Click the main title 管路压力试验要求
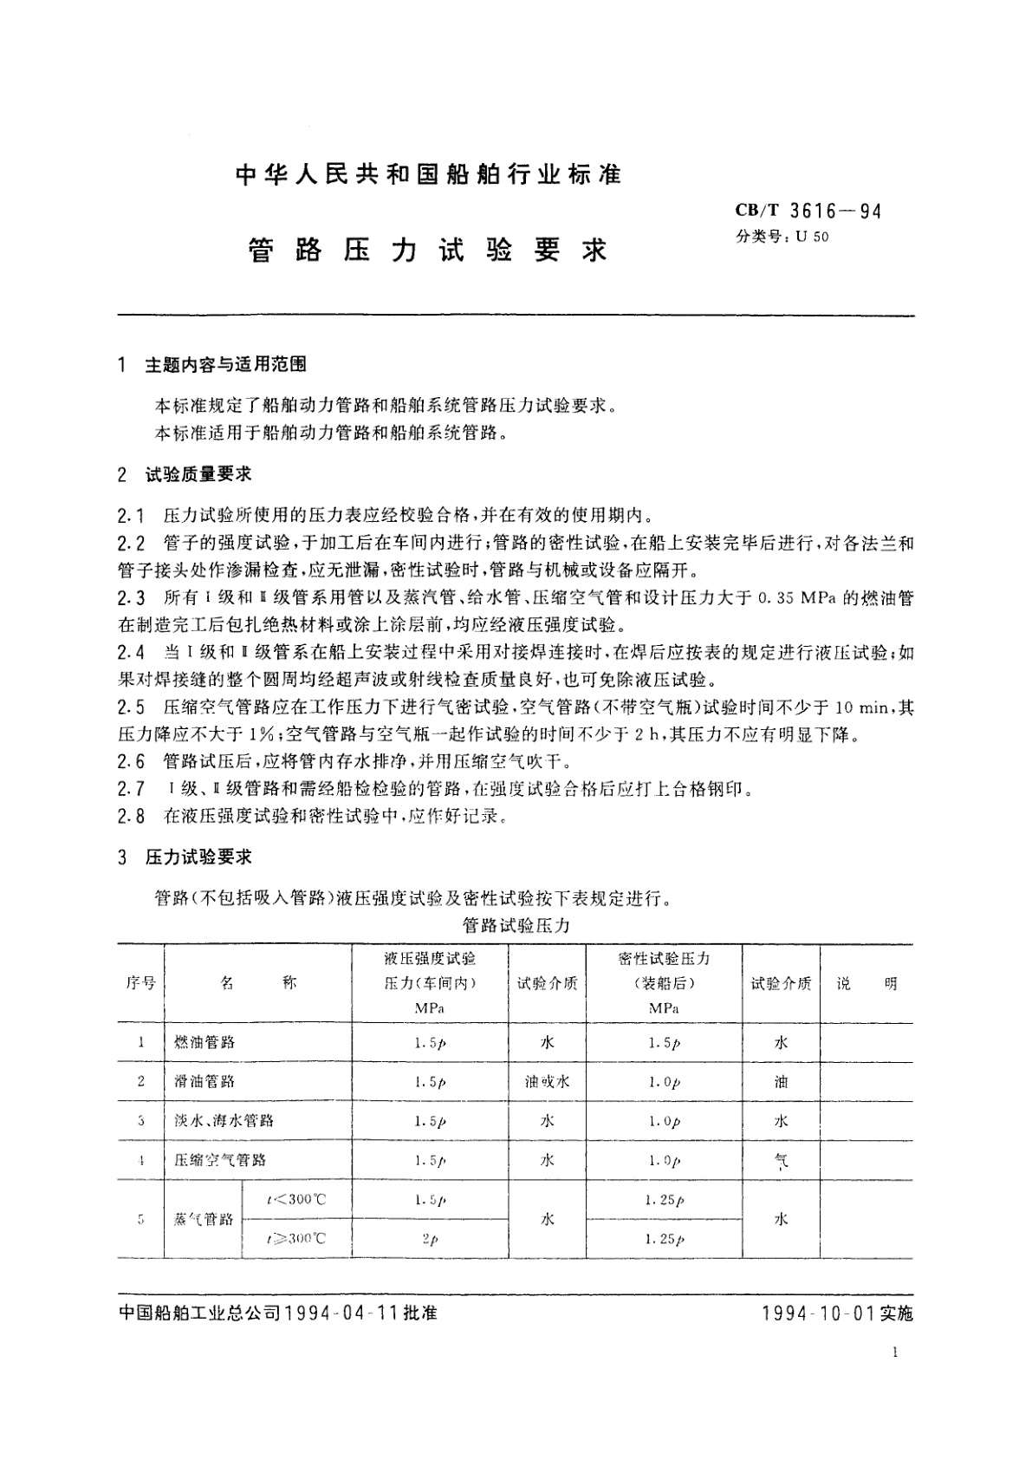tap(429, 251)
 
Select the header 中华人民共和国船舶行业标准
tap(429, 174)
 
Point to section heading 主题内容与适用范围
tap(225, 365)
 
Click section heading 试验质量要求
tap(198, 474)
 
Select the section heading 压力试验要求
tap(198, 857)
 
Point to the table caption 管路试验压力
tap(516, 925)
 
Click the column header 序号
tap(140, 983)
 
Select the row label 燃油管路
tap(204, 1042)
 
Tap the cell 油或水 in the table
tap(547, 1082)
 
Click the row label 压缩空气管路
tap(220, 1160)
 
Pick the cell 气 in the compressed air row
tap(780, 1161)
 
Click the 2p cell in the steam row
tap(430, 1239)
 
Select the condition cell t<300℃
tap(296, 1200)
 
